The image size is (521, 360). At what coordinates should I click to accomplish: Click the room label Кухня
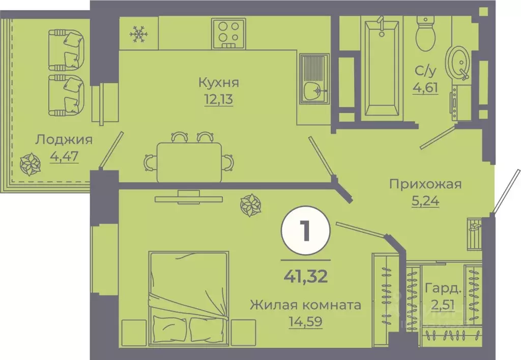(219, 82)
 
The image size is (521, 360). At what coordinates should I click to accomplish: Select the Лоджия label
(64, 139)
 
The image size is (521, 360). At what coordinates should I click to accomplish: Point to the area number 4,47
(64, 156)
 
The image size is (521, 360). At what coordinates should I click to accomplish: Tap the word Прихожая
(425, 184)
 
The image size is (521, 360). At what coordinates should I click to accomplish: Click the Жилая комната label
(305, 305)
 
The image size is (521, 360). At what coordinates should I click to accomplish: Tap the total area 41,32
(305, 277)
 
